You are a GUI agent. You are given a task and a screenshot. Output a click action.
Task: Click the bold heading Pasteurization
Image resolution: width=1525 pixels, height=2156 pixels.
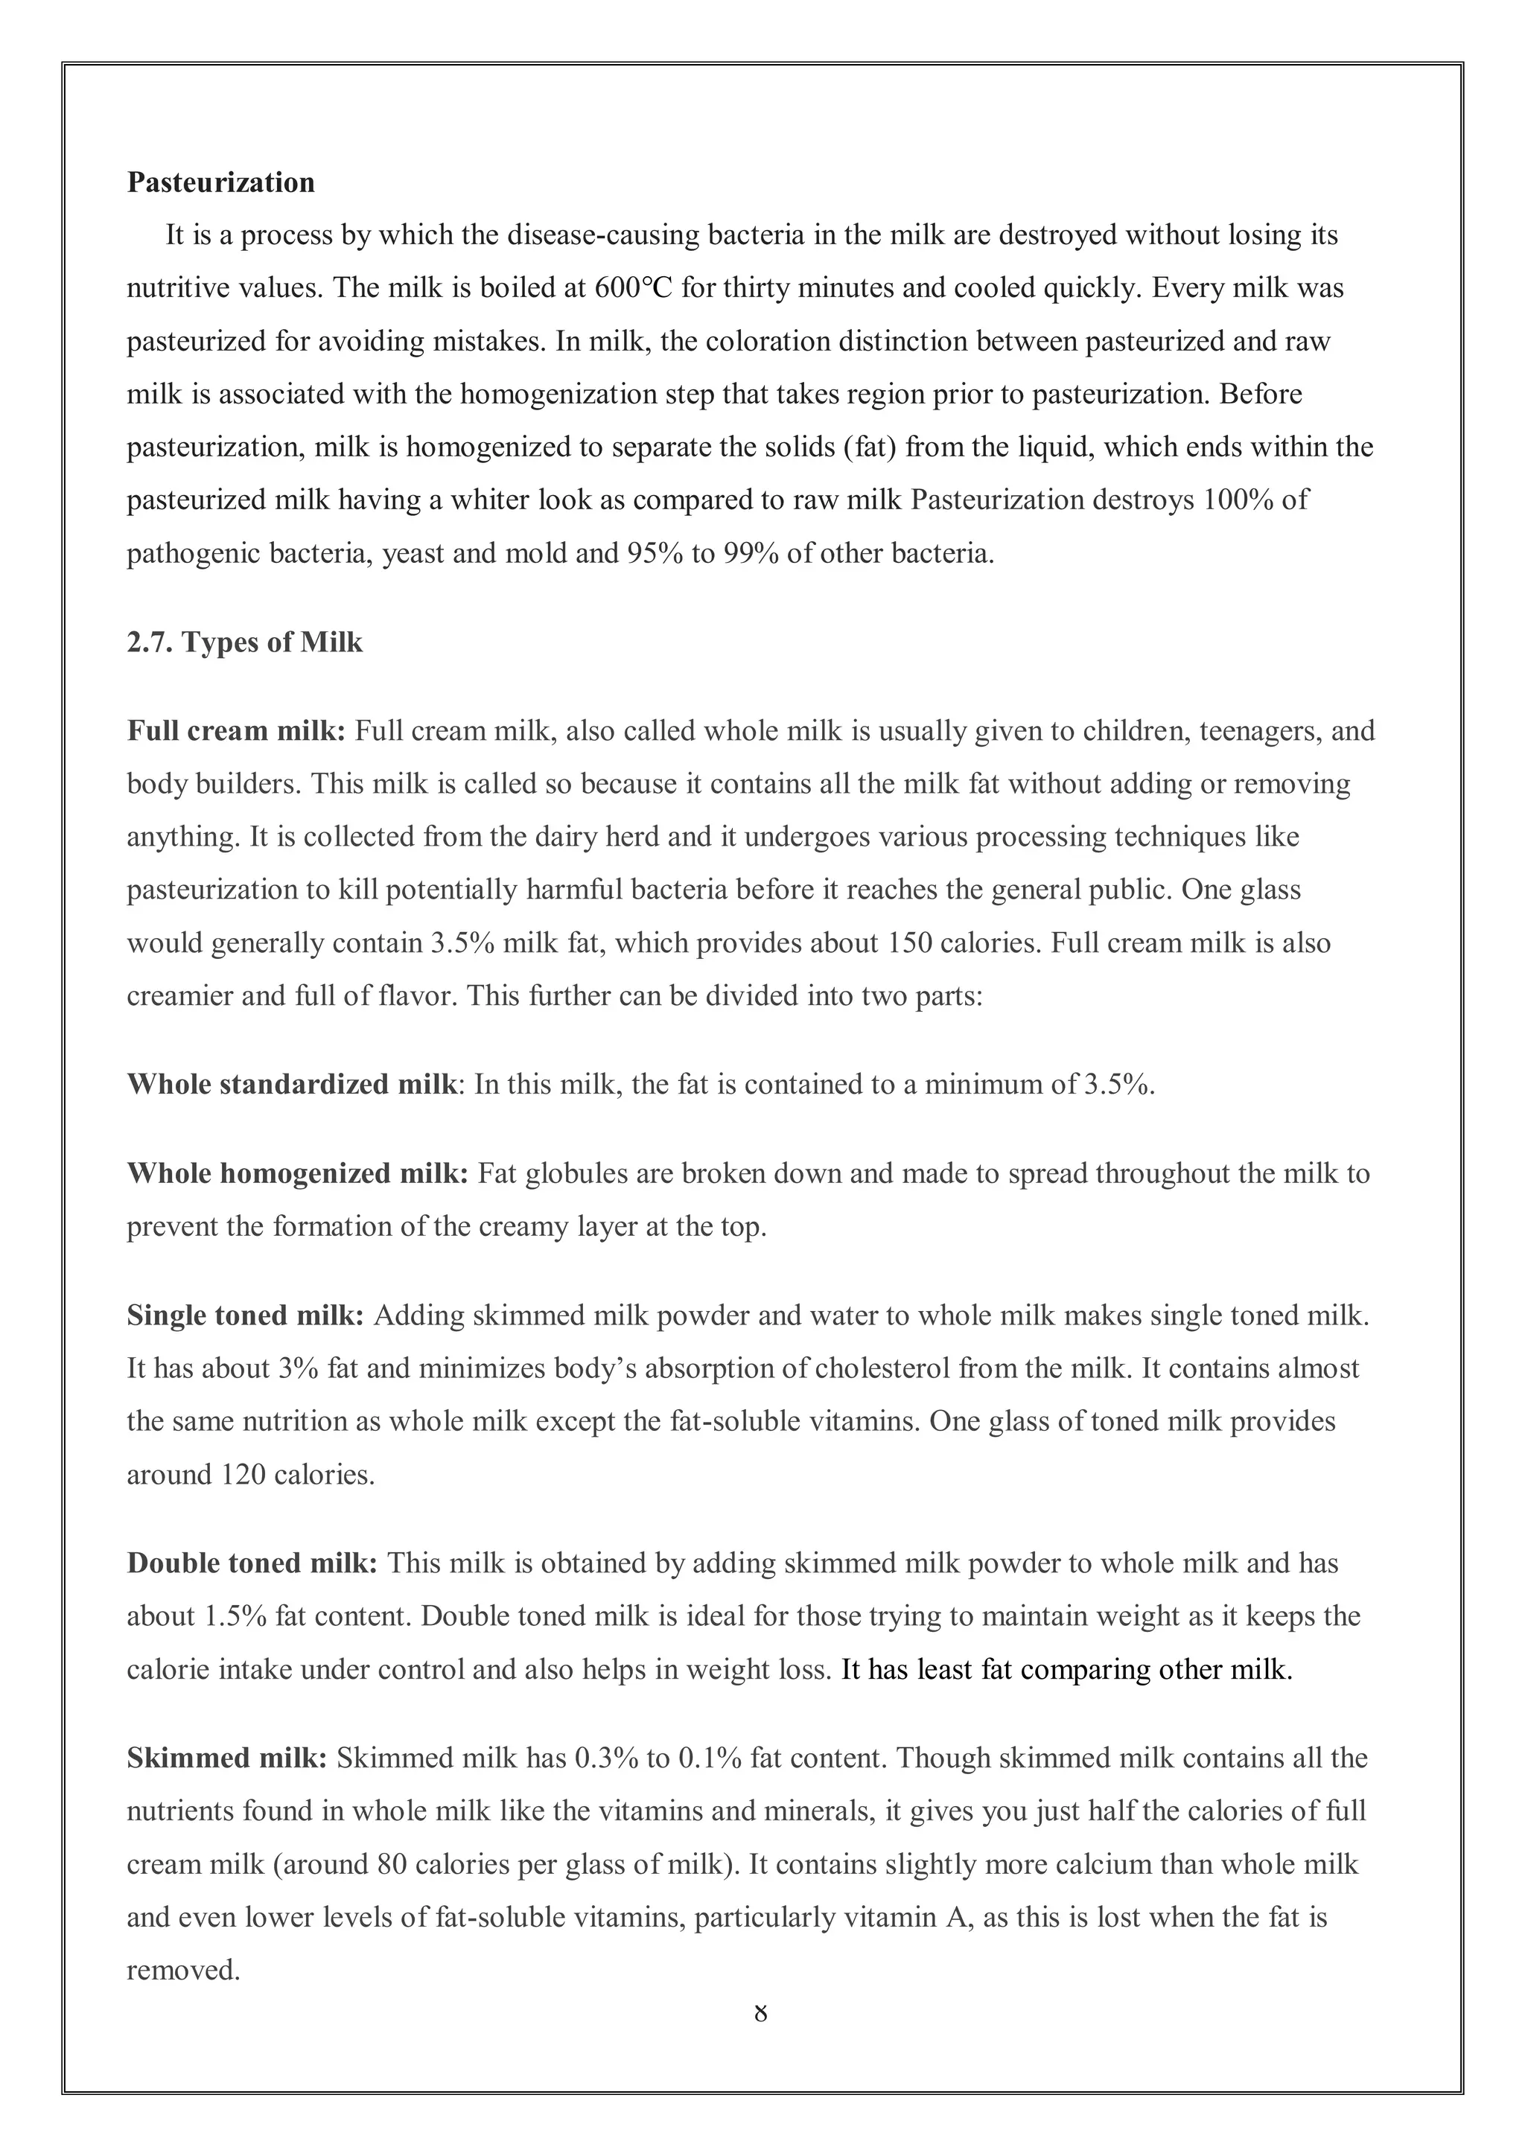point(220,182)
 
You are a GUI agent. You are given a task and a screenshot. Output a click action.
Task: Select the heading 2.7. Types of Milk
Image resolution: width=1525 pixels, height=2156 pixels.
point(244,642)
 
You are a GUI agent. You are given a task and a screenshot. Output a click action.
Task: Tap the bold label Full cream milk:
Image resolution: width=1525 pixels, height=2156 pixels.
point(237,730)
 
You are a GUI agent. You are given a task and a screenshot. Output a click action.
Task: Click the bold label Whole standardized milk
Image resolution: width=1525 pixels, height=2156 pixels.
point(291,1085)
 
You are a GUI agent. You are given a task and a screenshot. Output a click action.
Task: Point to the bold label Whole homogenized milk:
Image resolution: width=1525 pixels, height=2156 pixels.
point(297,1174)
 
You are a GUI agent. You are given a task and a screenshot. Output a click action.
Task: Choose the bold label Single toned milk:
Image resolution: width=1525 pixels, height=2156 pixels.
point(245,1315)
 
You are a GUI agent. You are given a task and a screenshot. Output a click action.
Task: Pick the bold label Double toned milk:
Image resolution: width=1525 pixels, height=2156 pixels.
point(252,1563)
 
